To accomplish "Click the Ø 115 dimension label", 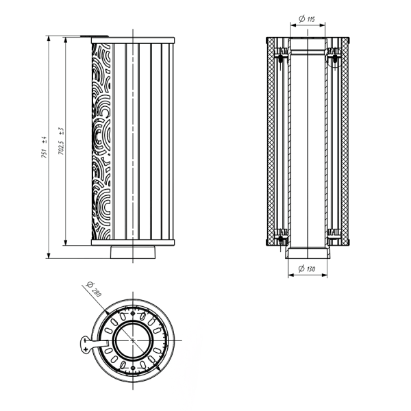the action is [307, 19].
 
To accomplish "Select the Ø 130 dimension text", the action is [307, 269].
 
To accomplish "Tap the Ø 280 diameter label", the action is [94, 289].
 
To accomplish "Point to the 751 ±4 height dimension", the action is [44, 147].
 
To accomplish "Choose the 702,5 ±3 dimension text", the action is [61, 141].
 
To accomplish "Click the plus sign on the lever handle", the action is [85, 349].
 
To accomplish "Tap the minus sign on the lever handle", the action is [85, 340].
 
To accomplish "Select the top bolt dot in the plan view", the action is [133, 314].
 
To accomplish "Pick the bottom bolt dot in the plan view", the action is [133, 368].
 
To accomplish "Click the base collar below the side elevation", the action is [133, 252].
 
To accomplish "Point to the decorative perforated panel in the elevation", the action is [101, 142].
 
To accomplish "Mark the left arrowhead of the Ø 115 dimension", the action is [293, 25].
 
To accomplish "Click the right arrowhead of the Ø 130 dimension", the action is [325, 275].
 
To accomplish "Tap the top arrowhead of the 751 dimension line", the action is [49, 39].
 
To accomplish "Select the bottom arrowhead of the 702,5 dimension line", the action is [66, 242].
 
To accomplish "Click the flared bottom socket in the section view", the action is [308, 253].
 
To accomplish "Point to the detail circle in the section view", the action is [335, 58].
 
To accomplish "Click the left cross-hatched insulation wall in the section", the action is [270, 142].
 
